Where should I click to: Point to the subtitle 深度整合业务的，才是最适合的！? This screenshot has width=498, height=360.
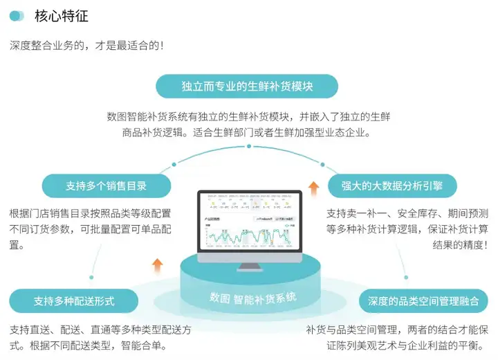click(x=87, y=46)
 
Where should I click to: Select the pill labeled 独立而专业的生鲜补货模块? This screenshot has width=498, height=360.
click(x=247, y=87)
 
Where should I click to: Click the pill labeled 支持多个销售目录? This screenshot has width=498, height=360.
click(x=107, y=186)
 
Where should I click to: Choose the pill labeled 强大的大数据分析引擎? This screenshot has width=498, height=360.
click(x=390, y=186)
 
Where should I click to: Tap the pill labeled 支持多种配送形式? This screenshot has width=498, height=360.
click(x=74, y=301)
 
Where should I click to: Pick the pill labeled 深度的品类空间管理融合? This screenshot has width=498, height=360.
click(x=423, y=301)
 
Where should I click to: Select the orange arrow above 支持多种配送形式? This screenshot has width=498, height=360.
click(x=157, y=264)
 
